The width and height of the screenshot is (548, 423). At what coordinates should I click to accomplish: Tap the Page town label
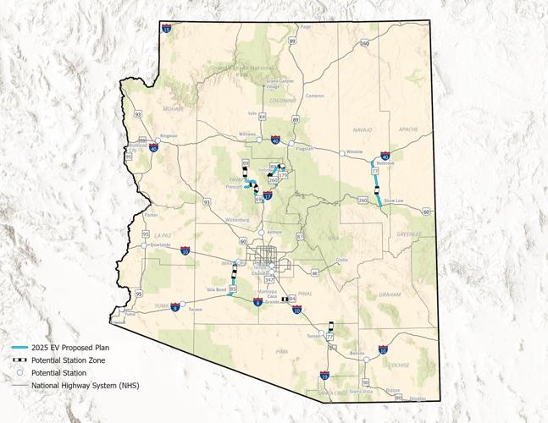coord(306,26)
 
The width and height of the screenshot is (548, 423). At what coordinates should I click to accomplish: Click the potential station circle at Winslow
coord(341,153)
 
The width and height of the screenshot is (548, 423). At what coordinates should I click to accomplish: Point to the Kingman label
coord(169,135)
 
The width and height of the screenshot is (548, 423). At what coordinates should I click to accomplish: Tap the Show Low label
coord(394,200)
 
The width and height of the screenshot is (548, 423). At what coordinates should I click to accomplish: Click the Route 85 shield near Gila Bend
coord(233,289)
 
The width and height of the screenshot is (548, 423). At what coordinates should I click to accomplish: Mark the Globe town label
coord(342,260)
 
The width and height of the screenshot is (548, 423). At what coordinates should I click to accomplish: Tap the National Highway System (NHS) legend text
coord(85,385)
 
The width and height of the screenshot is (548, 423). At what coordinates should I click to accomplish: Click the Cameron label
coord(315,96)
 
